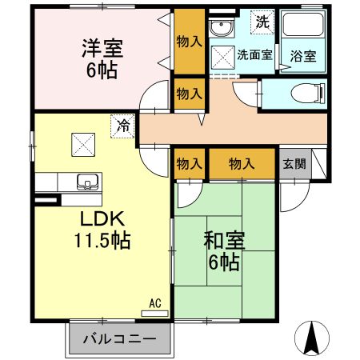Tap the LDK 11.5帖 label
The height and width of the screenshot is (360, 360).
pos(104,228)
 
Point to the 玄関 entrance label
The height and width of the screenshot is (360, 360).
pos(293,163)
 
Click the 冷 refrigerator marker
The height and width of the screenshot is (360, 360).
pos(122,126)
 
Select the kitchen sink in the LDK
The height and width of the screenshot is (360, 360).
pos(85,179)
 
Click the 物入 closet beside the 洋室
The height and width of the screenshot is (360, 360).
pos(189,42)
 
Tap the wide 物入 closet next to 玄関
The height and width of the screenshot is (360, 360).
pos(242,163)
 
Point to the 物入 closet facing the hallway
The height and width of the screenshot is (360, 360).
pos(189,94)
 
